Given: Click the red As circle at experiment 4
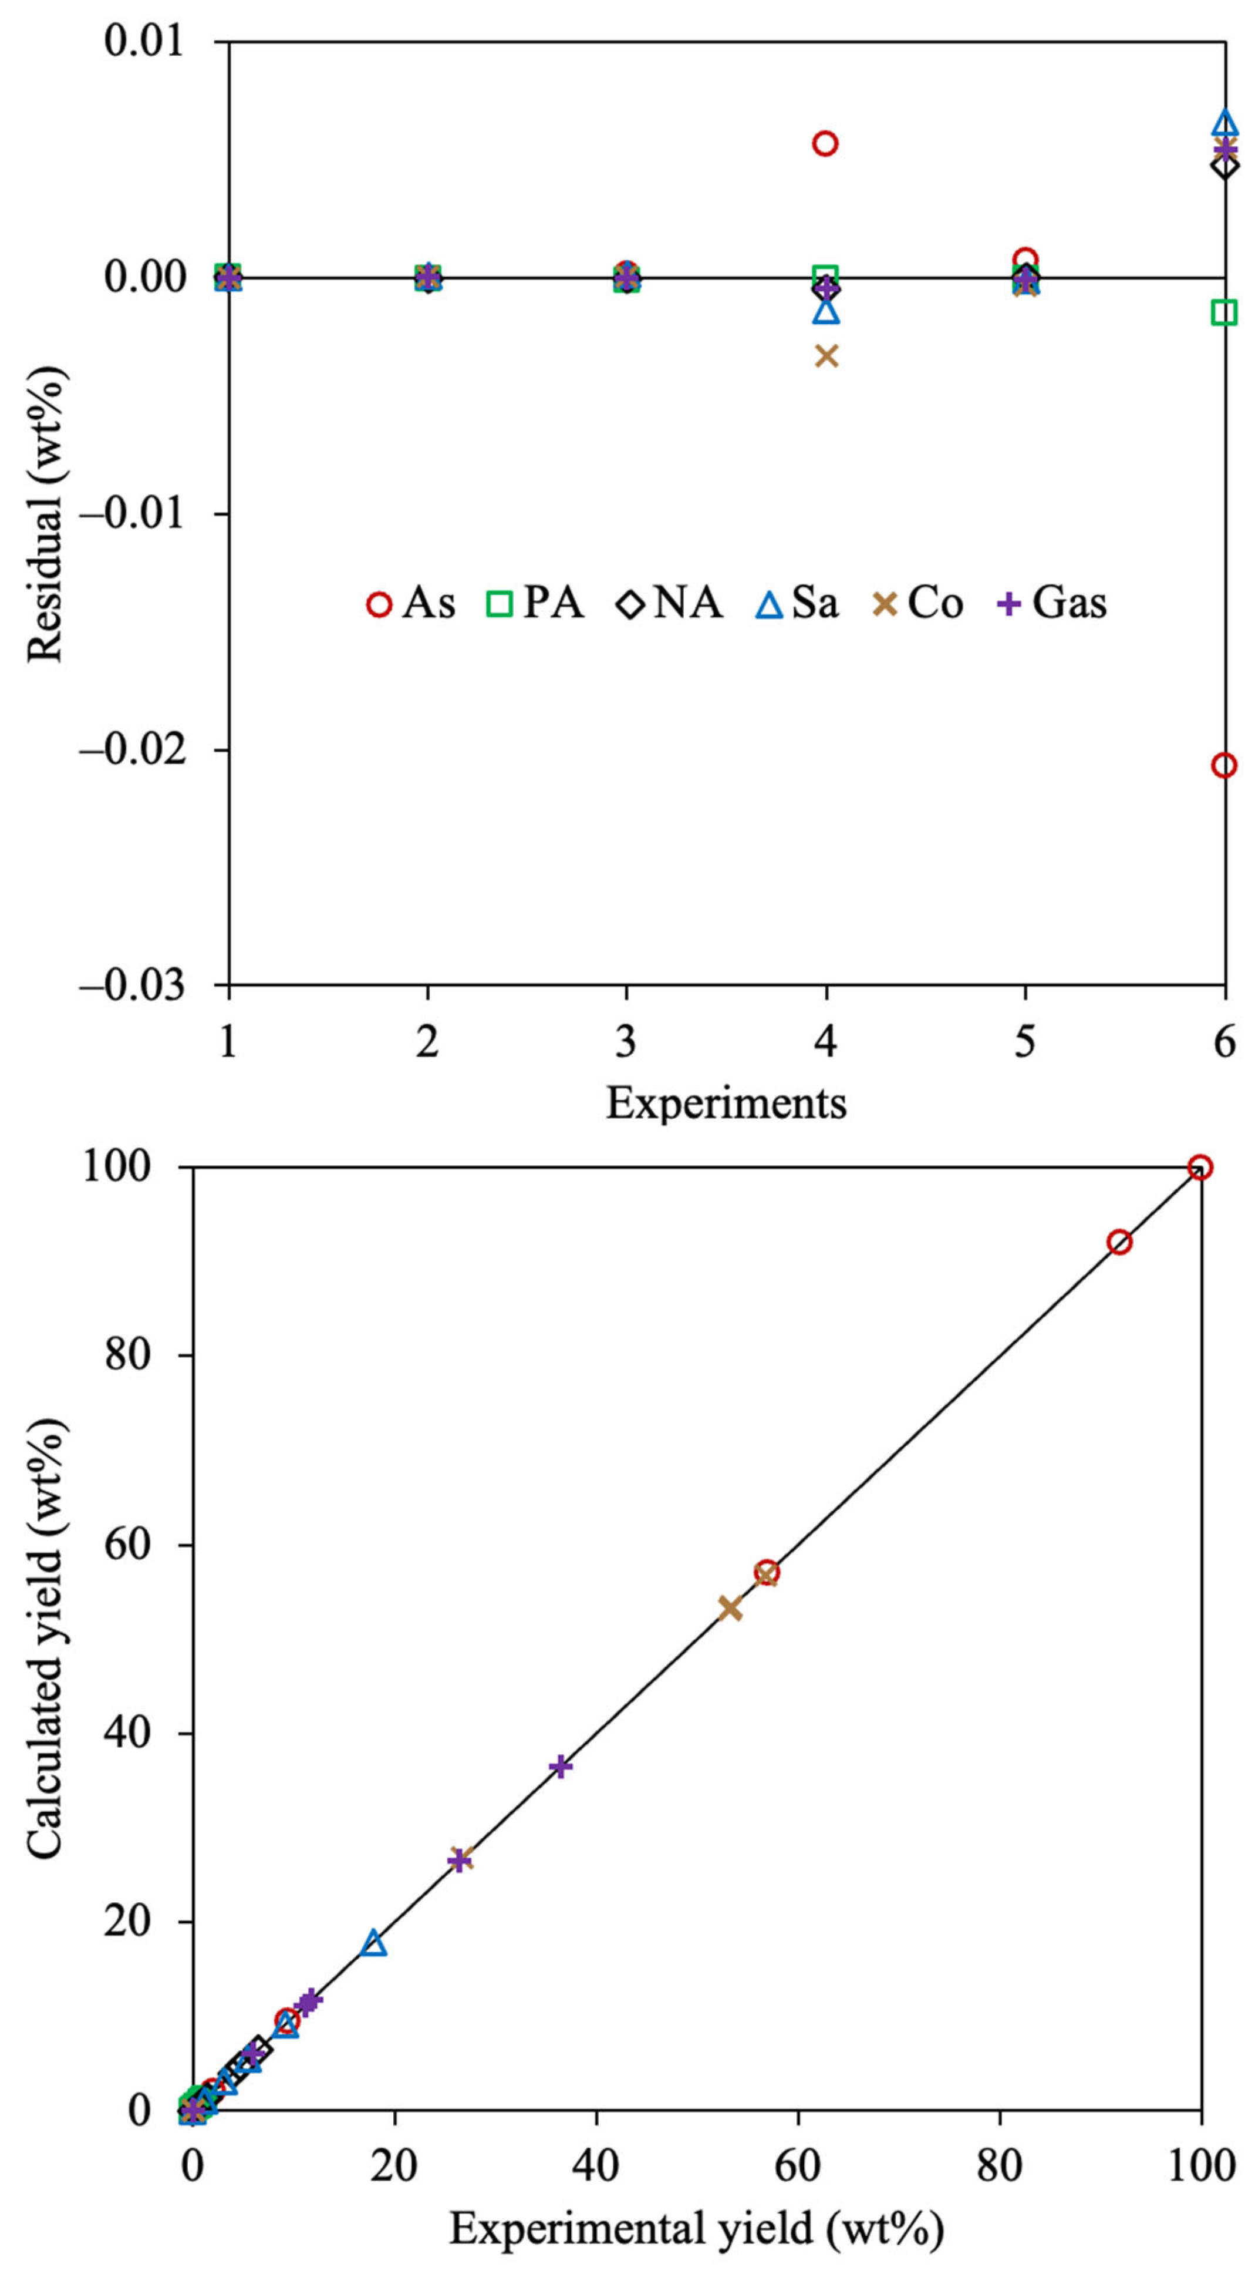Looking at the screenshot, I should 824,143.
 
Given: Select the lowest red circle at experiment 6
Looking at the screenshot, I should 1223,765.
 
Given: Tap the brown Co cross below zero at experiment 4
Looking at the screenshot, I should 826,356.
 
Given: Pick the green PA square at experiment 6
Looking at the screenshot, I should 1224,312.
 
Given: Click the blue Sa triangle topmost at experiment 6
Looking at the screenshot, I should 1224,122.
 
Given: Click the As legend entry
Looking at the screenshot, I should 411,604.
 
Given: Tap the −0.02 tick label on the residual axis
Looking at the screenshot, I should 133,749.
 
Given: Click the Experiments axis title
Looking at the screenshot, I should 726,1102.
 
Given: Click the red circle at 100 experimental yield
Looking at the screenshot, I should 1199,1167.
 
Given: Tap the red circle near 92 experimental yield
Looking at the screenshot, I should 1119,1242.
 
